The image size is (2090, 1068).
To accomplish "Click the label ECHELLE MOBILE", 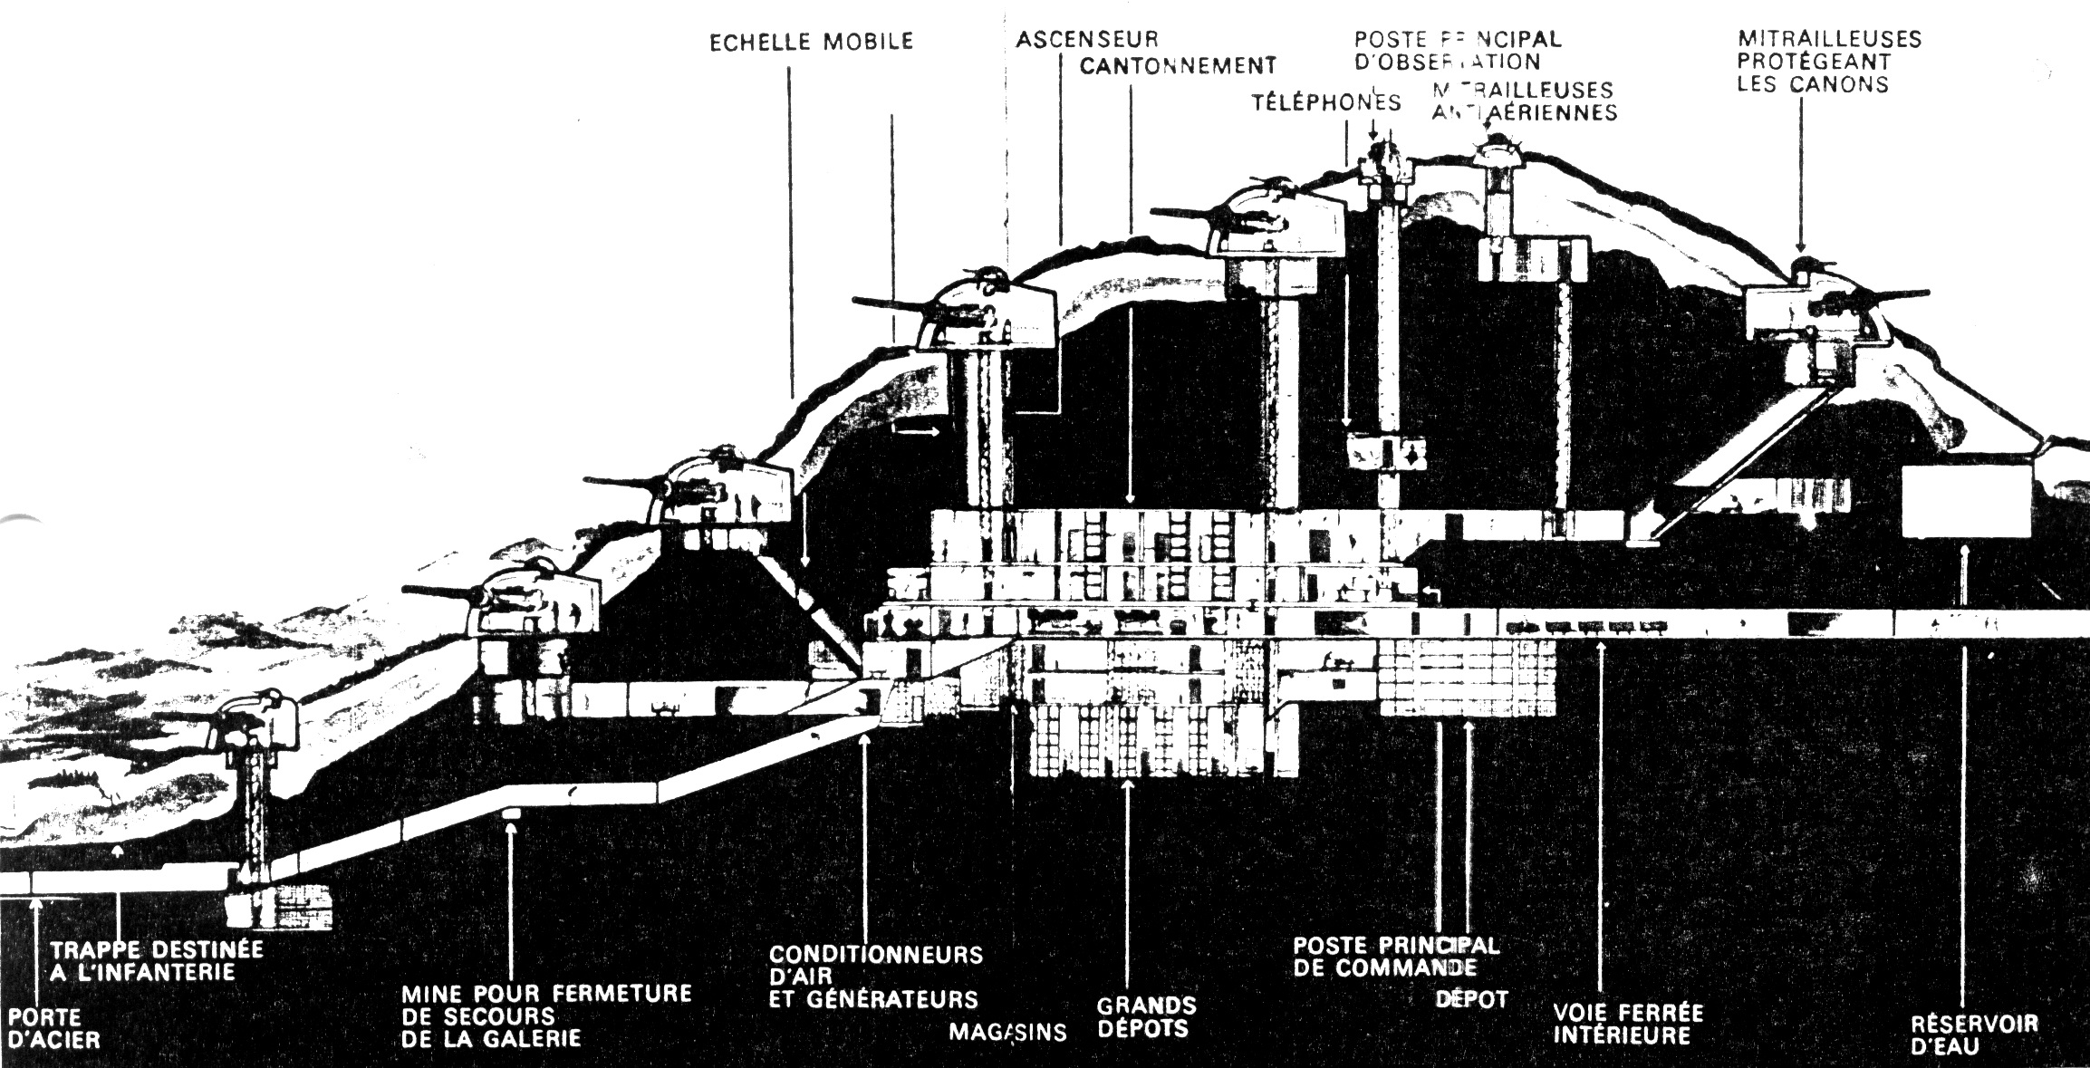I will pos(811,43).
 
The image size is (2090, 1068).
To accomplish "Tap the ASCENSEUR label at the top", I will pos(1087,40).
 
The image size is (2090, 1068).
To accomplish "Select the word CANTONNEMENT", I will pos(1178,66).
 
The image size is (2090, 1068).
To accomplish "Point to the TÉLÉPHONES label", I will pos(1326,102).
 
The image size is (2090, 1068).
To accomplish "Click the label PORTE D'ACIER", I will pos(53,1028).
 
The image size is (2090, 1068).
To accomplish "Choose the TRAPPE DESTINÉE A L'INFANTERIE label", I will pos(157,961).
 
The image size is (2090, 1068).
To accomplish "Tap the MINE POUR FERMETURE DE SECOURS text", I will pos(546,1015).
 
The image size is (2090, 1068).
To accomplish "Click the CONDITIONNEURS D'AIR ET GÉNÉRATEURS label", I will pos(875,977).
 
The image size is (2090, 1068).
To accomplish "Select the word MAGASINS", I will pos(1008,1032).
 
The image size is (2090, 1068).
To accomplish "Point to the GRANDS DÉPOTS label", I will pos(1146,1017).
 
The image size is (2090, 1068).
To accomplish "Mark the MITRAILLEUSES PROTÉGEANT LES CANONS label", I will pos(1828,62).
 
